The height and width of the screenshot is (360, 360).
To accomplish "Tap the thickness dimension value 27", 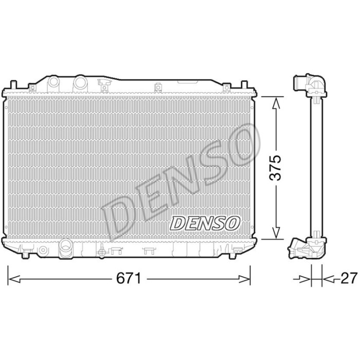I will click(348, 279).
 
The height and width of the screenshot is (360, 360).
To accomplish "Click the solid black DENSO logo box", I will click(204, 222).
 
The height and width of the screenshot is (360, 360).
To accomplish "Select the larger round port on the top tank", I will click(80, 82).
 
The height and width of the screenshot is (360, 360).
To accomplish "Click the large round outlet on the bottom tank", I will click(65, 247).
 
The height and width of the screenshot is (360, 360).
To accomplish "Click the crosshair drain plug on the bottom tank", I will click(102, 251).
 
